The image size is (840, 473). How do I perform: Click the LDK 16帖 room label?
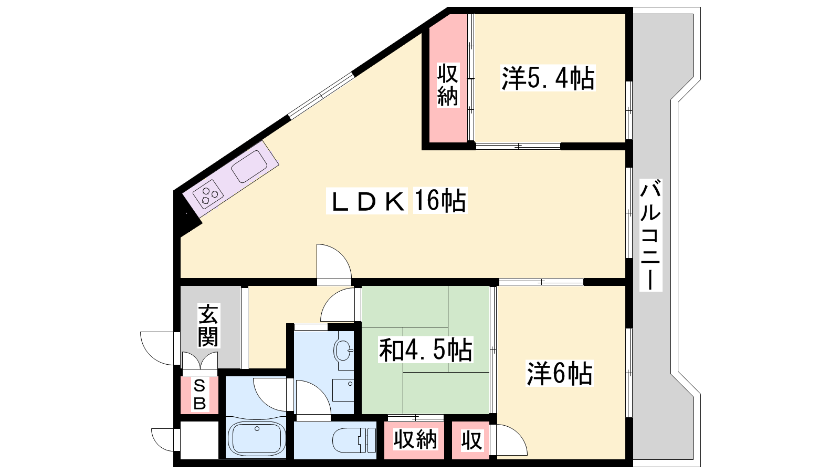tap(397, 200)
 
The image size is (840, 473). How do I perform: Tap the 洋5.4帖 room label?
tap(548, 78)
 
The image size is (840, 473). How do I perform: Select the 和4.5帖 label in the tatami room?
tap(426, 350)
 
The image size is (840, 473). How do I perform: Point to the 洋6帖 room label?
tap(560, 373)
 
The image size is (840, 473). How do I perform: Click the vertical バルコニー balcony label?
tap(650, 235)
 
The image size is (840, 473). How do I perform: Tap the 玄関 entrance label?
tap(208, 325)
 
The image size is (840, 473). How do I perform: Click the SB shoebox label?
tap(199, 395)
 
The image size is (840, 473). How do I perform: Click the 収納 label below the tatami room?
tap(415, 440)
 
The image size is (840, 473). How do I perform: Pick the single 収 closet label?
tap(471, 440)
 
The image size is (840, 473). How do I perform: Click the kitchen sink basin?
tap(249, 167)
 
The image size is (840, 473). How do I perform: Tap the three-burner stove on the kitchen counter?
tap(208, 194)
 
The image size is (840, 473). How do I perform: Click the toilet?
tap(354, 440)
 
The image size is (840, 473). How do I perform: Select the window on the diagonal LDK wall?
tap(321, 95)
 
